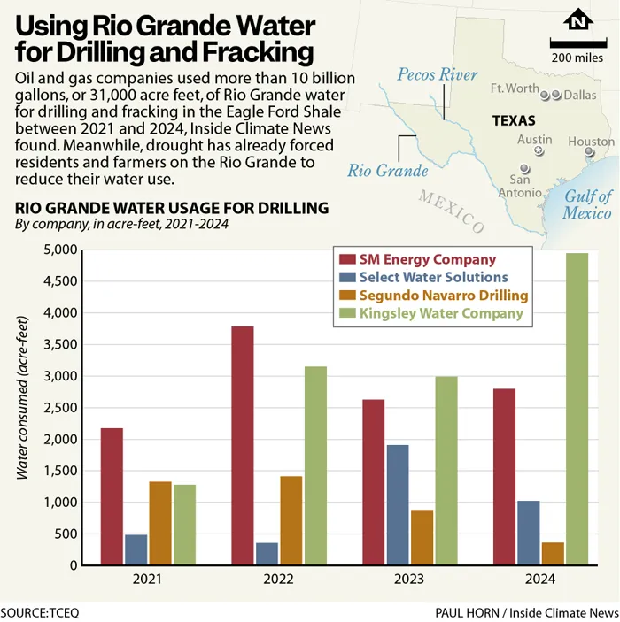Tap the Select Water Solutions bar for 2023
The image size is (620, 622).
398,504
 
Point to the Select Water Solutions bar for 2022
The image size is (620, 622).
267,553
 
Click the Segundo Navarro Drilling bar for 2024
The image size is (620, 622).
553,553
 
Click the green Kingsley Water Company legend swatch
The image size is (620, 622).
346,312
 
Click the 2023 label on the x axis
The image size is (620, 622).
410,580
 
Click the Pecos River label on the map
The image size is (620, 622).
438,75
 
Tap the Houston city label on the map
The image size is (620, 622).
591,142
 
